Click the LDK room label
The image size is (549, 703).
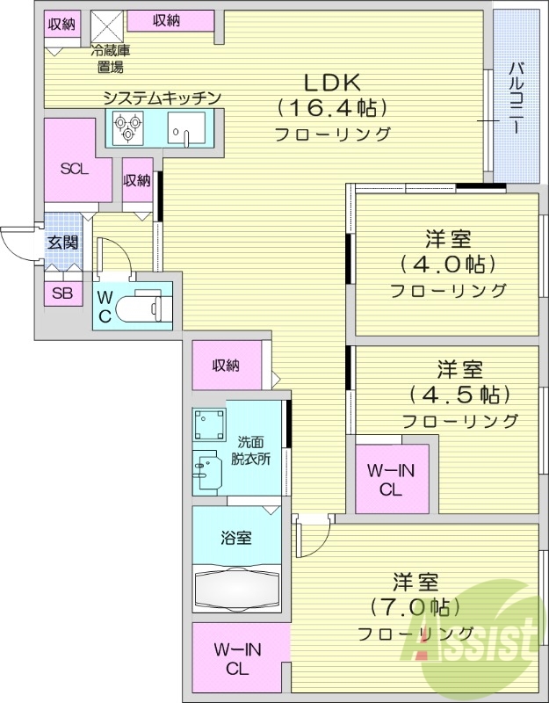pyautogui.click(x=332, y=83)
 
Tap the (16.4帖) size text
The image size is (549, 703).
pyautogui.click(x=332, y=108)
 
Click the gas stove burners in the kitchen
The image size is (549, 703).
pyautogui.click(x=125, y=131)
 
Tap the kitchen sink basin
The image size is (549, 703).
pyautogui.click(x=186, y=132)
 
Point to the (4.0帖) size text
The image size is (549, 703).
pyautogui.click(x=447, y=264)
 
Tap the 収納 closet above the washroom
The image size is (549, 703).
pyautogui.click(x=226, y=366)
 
